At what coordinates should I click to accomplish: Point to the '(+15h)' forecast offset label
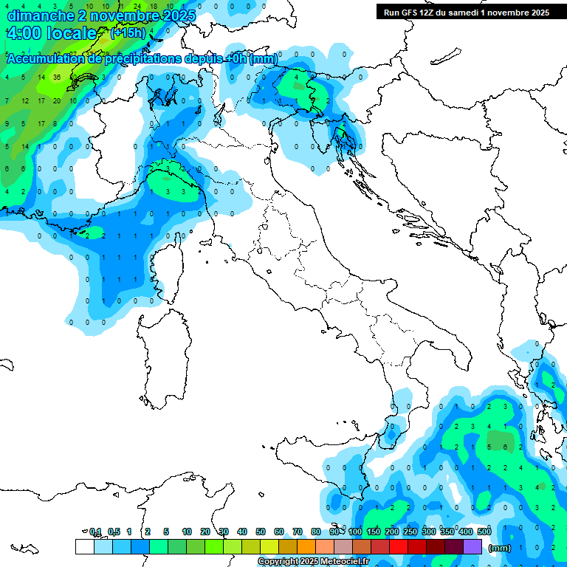point(128,33)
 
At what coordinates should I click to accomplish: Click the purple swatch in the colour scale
point(472,547)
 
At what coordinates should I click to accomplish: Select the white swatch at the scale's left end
point(84,547)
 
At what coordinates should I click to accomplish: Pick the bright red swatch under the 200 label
point(399,547)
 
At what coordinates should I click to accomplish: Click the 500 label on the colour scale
point(484,532)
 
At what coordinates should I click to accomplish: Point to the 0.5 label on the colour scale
point(114,532)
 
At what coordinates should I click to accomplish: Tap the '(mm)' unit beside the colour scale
point(500,548)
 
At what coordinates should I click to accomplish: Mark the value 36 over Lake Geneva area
point(57,77)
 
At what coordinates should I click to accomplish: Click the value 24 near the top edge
point(137,6)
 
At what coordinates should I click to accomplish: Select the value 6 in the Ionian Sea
point(505,447)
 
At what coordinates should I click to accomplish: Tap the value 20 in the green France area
point(57,100)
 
